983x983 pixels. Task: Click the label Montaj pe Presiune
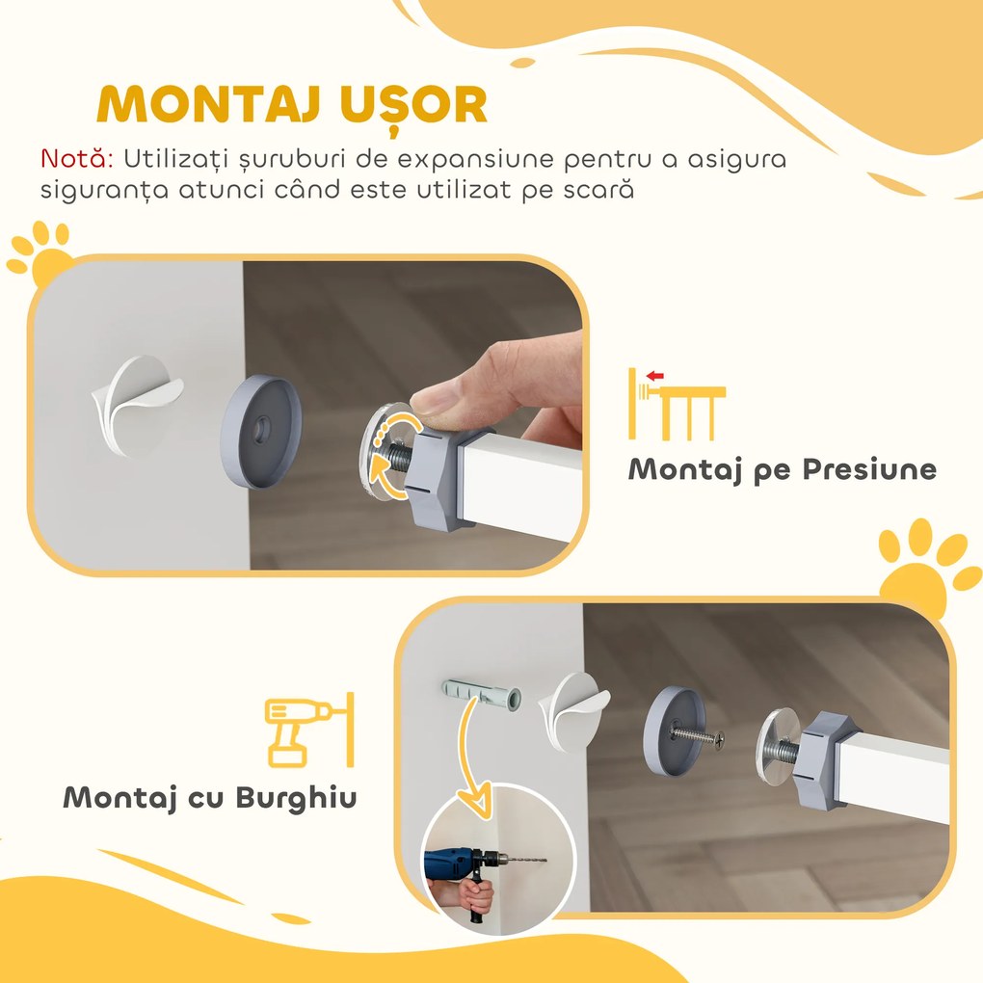pos(782,469)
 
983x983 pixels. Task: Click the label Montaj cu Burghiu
pos(209,797)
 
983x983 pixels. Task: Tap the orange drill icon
pos(306,729)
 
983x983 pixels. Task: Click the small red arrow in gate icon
pos(656,376)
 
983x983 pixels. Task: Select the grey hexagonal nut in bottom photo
pos(818,749)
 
